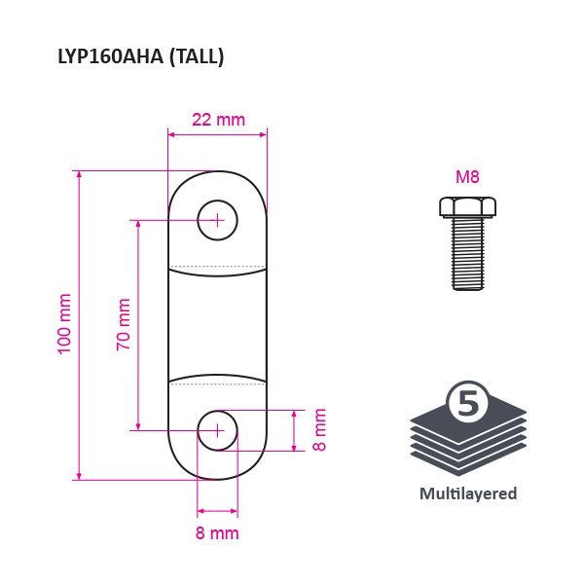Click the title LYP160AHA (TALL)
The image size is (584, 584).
141,57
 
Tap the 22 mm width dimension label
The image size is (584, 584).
219,120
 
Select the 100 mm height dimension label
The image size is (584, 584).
65,324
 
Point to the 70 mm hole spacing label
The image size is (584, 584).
124,324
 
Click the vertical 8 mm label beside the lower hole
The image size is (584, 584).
319,430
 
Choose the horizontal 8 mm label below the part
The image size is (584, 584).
217,533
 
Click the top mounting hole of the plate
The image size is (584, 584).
217,221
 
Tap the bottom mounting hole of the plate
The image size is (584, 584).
217,430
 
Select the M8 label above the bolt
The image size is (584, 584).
467,176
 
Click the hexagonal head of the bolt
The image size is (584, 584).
467,207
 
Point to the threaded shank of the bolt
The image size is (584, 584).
468,253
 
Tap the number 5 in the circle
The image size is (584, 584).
468,403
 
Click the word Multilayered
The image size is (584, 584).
468,493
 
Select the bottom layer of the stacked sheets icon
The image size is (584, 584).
468,460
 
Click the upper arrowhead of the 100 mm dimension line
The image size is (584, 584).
79,175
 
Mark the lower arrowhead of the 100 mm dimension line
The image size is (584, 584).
79,476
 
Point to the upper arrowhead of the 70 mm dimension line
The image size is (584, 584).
138,225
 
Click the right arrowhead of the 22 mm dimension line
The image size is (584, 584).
263,134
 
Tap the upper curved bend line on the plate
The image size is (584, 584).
217,273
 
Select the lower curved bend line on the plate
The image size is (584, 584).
217,378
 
